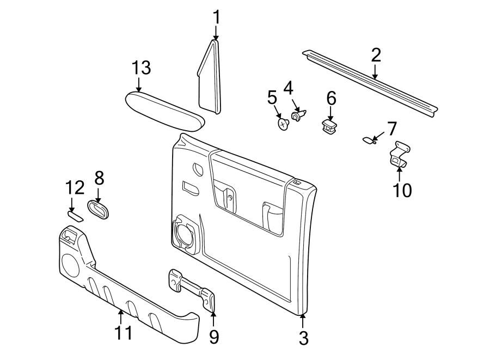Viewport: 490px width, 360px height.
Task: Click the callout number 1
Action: point(216,17)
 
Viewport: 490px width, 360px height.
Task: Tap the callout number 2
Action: point(376,55)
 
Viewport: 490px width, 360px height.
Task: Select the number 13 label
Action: point(140,68)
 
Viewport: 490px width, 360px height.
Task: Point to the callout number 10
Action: point(403,190)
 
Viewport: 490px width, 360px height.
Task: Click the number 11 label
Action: point(123,332)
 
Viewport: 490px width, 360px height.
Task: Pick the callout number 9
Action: point(214,337)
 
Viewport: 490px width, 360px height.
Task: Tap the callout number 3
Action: point(304,338)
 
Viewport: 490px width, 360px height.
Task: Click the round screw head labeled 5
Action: point(283,124)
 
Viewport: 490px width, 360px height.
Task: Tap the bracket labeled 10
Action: point(400,155)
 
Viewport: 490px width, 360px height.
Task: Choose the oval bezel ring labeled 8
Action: point(99,210)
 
